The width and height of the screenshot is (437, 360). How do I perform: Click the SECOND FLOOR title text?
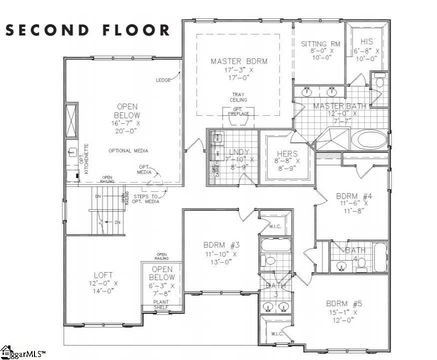point(88,30)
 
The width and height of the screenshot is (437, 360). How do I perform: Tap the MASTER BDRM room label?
point(239,61)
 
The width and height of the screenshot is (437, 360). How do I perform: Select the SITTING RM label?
point(320,44)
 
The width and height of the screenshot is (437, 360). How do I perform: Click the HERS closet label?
point(287,154)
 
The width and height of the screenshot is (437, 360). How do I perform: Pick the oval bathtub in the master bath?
point(369,139)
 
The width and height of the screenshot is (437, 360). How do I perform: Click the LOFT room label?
point(103,275)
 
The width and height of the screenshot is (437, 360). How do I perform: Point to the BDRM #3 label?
point(222,245)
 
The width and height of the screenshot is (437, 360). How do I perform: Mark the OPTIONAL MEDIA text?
point(128,151)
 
